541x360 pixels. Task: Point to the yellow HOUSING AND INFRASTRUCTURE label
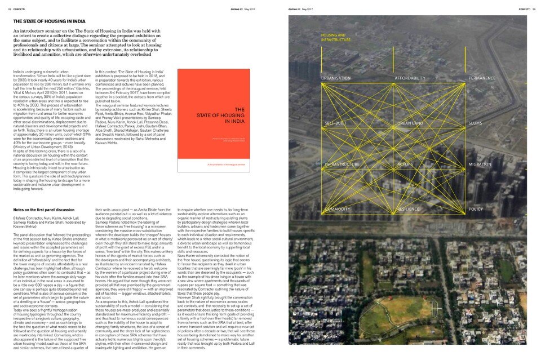336,38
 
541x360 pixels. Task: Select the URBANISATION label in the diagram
336,78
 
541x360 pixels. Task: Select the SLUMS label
477,122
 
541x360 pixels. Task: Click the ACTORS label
406,165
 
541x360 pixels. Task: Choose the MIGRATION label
481,165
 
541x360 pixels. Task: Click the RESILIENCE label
409,209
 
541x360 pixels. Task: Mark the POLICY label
476,209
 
